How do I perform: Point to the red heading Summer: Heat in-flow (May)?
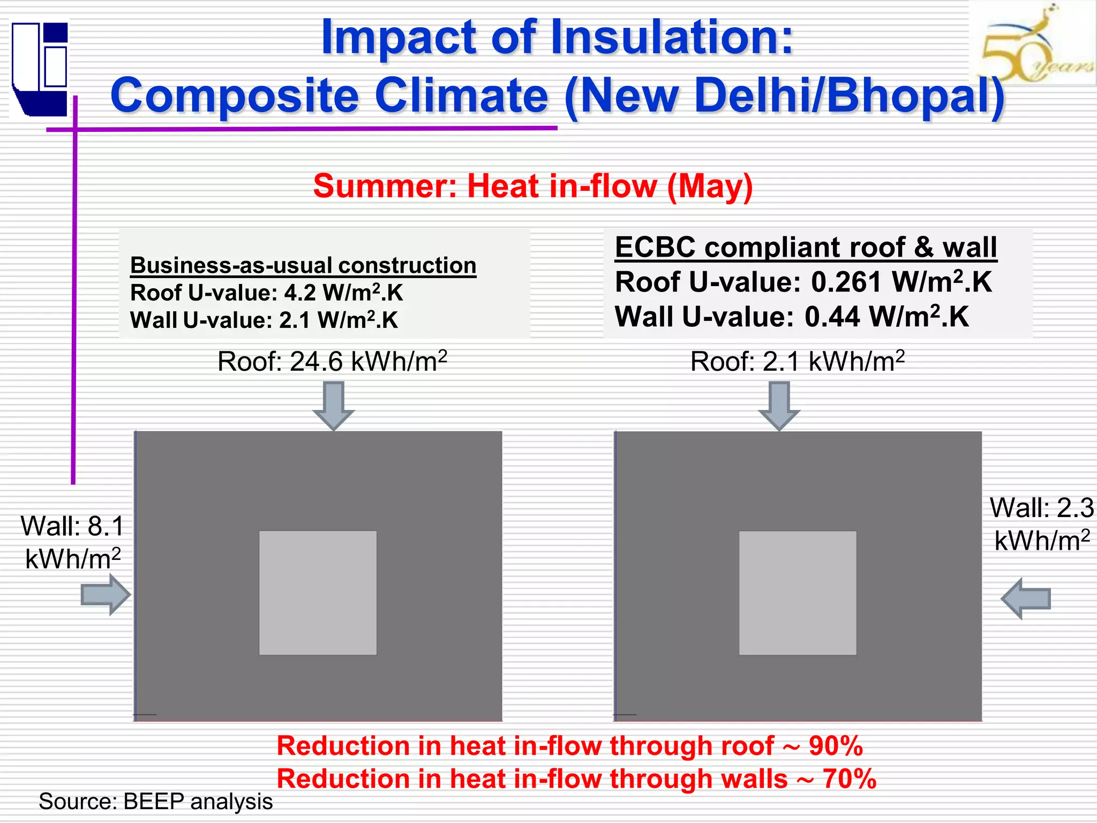(x=533, y=186)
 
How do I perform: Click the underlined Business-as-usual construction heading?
(x=303, y=266)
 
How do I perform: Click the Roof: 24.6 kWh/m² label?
(x=332, y=362)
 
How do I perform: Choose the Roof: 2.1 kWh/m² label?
(x=797, y=362)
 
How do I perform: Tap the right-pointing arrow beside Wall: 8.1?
(x=106, y=595)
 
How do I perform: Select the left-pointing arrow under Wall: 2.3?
(x=1026, y=598)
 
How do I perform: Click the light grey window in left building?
(x=318, y=593)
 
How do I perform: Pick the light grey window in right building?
(x=798, y=593)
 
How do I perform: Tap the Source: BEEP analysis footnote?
(x=155, y=802)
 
